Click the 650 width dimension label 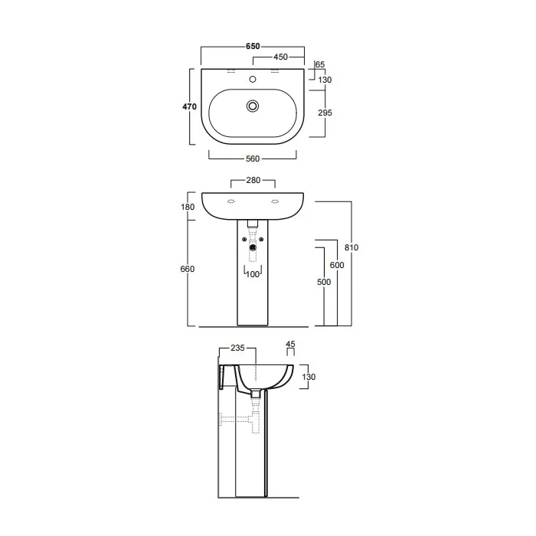point(253,46)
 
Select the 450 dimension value point(281,57)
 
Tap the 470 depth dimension point(189,106)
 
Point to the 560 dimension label point(253,159)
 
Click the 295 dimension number point(325,113)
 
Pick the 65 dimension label point(320,64)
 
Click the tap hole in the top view point(253,80)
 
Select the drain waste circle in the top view point(253,106)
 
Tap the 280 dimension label point(253,180)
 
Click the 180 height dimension point(188,207)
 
